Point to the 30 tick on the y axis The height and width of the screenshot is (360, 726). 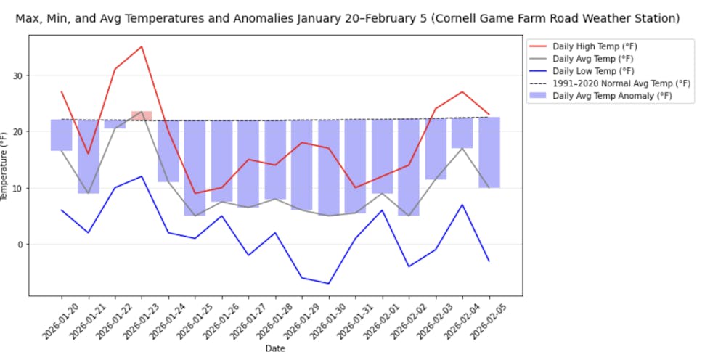point(19,75)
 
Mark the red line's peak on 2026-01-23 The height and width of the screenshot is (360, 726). point(142,46)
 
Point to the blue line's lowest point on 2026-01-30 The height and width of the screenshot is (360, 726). point(329,283)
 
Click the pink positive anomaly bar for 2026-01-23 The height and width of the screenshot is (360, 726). point(142,115)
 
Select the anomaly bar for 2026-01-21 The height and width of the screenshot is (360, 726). point(89,156)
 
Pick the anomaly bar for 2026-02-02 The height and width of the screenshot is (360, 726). point(409,167)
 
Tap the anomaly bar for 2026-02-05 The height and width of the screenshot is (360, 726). point(489,152)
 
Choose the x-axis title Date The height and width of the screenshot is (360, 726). point(275,348)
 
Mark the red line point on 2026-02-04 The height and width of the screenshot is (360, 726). point(462,92)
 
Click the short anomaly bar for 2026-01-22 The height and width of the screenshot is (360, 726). point(115,124)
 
